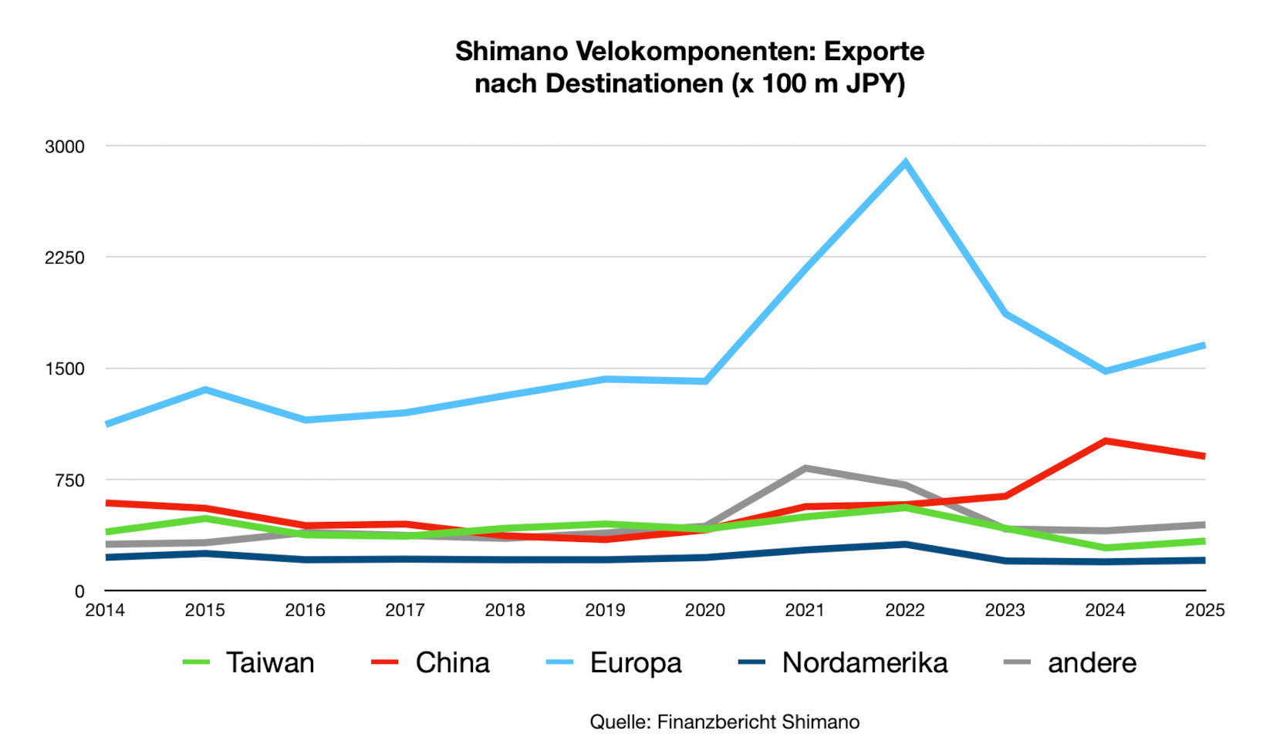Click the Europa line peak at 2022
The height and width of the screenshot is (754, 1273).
[905, 163]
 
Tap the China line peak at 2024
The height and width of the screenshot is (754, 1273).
[1105, 441]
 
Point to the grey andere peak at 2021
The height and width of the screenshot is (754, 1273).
[805, 468]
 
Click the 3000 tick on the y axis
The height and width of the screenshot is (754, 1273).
[65, 146]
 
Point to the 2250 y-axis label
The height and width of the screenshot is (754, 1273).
[65, 258]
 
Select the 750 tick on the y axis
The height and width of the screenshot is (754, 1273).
[69, 480]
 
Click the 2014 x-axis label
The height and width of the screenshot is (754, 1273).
[105, 611]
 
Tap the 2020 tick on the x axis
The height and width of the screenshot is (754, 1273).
[705, 611]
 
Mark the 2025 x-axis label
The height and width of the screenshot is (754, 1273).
[1204, 611]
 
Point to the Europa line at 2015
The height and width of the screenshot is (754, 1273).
[205, 390]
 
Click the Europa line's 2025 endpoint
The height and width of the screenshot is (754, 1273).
[1204, 345]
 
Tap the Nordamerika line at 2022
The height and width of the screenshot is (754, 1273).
[905, 544]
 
